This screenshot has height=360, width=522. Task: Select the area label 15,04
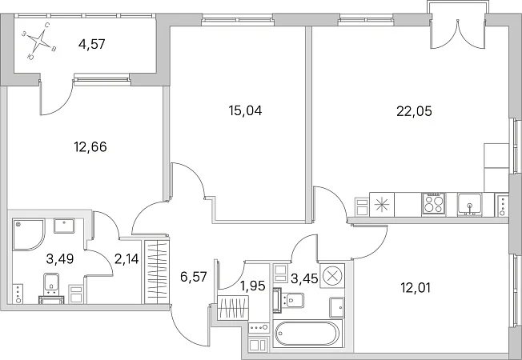[x=246, y=111]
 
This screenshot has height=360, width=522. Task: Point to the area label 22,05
[x=414, y=111]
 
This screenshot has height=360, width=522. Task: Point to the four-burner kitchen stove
[x=434, y=203]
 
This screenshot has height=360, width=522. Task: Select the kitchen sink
[x=468, y=204]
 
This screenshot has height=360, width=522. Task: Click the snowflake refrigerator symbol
[x=382, y=204]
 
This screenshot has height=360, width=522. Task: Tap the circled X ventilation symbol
[x=331, y=275]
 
